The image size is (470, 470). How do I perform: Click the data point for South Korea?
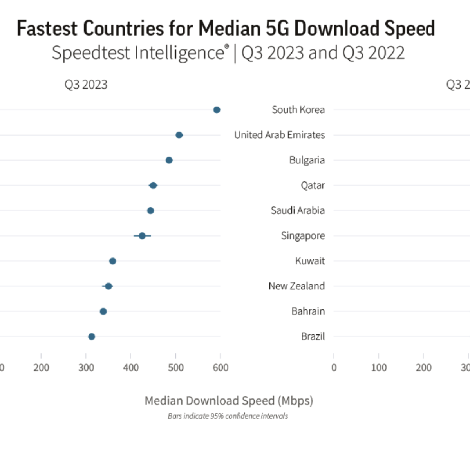coord(217,110)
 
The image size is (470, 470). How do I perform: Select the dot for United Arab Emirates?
coord(179,135)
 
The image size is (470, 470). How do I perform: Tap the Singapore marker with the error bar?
coord(142,236)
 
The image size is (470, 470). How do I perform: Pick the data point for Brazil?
coord(92,336)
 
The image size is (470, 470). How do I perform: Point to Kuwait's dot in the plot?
coord(112,261)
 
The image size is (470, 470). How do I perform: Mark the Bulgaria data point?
coord(169,160)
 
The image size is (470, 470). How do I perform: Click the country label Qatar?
coord(313,185)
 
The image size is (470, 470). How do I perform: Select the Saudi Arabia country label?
coord(298,211)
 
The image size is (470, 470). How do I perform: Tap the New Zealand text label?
coord(296,286)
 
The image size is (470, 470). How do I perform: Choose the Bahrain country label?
coord(308,311)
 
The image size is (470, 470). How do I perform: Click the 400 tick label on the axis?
coord(131,368)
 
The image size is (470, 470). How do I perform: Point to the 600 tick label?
coord(221,368)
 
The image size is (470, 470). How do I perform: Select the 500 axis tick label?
coord(176,368)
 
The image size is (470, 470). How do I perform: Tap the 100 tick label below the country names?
coord(379,368)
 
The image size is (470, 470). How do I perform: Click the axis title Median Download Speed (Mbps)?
coord(229,401)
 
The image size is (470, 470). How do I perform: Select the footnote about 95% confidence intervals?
coord(228,416)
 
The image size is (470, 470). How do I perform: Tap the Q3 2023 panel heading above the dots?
coord(86,85)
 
